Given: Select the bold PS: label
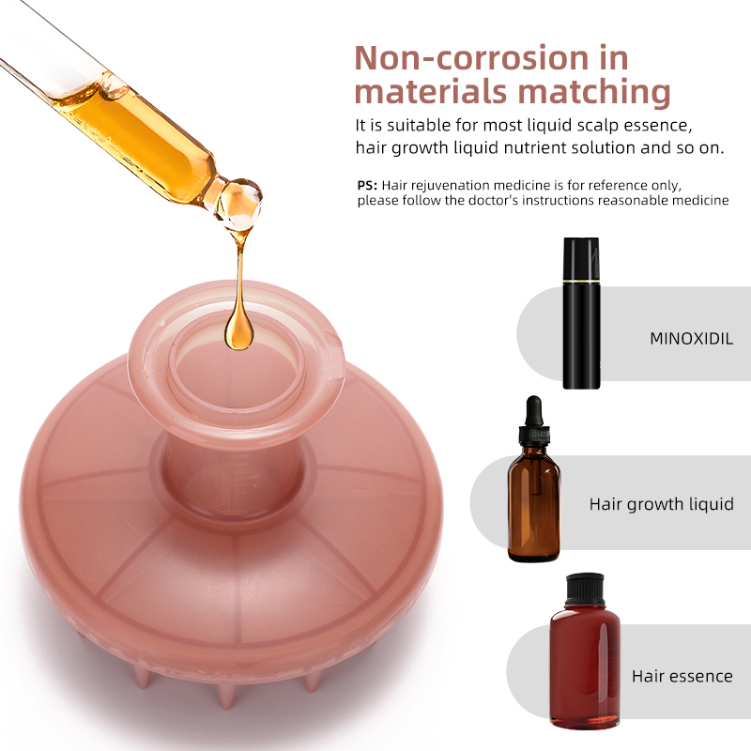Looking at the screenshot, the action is pos(367,185).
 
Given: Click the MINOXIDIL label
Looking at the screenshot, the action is pos(691,339).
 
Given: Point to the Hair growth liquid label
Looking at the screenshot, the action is pos(661,504).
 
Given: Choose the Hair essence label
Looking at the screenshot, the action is pos(682,676).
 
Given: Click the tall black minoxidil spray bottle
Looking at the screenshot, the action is pos(581,314).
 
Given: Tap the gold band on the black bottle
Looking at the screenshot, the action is pos(581,281).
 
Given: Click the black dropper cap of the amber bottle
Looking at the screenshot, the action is pos(533,421).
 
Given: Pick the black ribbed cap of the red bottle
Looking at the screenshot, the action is pos(584,590).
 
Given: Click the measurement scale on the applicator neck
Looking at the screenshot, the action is pos(238,482).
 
